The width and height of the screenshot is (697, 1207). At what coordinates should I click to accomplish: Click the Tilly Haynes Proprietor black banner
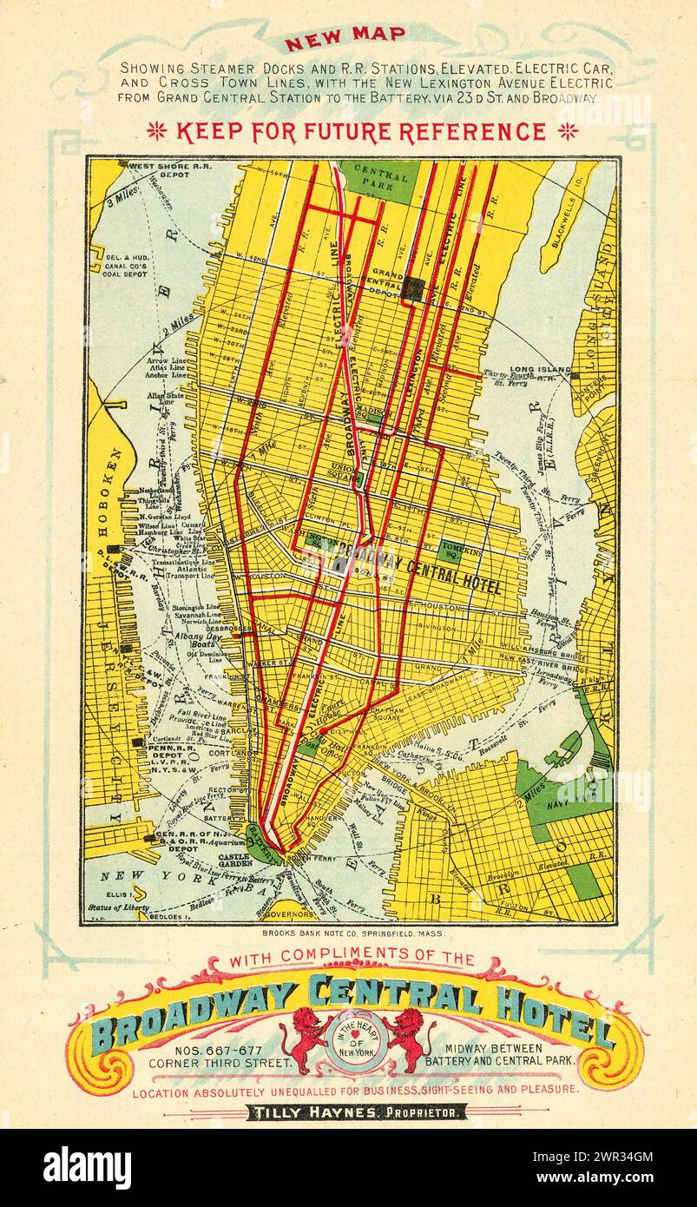click(357, 1112)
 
